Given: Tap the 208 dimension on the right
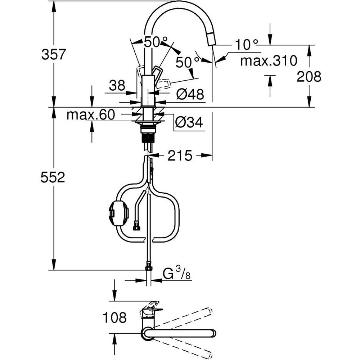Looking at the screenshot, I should click(309, 76).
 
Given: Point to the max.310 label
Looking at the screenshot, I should click(269, 60).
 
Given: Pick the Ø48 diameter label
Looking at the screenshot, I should click(190, 95).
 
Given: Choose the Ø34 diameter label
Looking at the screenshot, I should click(189, 123).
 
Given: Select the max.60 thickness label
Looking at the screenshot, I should click(91, 115).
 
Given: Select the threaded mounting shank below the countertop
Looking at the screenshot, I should click(148, 137).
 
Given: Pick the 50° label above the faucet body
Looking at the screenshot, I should click(151, 42).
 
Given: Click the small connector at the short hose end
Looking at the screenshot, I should click(137, 227).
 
